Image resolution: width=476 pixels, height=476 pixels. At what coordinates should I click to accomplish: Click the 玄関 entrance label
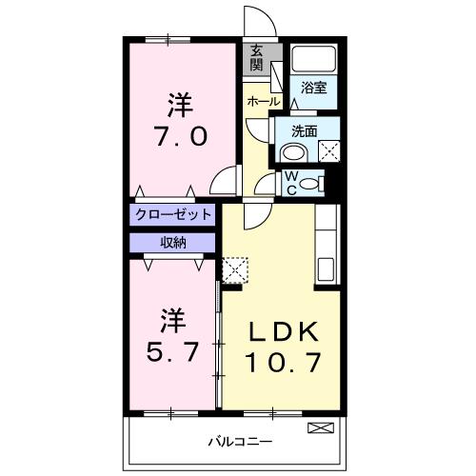click(x=257, y=59)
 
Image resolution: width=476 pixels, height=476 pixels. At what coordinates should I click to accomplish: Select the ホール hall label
click(x=263, y=101)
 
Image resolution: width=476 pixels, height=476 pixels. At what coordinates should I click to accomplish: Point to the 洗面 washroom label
click(x=305, y=131)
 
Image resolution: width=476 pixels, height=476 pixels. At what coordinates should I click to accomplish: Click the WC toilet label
click(x=291, y=181)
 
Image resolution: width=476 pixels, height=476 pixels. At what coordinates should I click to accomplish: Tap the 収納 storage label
click(x=172, y=242)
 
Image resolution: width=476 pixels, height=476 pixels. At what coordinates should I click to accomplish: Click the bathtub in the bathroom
click(x=313, y=60)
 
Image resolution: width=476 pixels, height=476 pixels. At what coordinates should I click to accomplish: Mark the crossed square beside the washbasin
click(x=328, y=149)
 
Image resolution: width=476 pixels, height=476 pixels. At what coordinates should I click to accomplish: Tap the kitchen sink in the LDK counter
click(x=324, y=268)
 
